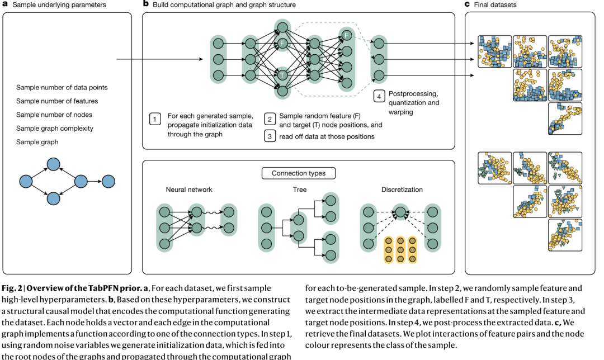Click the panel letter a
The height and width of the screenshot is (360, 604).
pyautogui.click(x=5, y=4)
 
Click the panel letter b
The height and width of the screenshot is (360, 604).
pyautogui.click(x=146, y=4)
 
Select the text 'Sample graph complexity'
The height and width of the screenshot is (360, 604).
pyautogui.click(x=55, y=129)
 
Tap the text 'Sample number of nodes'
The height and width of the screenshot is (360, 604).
pyautogui.click(x=54, y=115)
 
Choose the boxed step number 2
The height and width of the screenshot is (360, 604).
pyautogui.click(x=270, y=119)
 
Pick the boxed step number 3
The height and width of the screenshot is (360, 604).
pyautogui.click(x=270, y=136)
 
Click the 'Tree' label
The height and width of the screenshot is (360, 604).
pyautogui.click(x=299, y=190)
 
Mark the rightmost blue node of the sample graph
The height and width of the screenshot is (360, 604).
pyautogui.click(x=108, y=181)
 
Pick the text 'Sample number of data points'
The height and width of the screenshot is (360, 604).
pyautogui.click(x=62, y=88)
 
